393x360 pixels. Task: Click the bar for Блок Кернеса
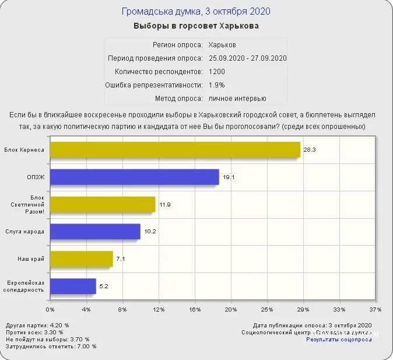point(175,149)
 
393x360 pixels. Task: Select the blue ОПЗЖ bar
point(134,177)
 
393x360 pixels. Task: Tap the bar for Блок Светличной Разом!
point(103,204)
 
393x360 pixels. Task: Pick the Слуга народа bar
point(95,231)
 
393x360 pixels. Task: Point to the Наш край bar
point(81,258)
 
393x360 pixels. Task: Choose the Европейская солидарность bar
point(73,286)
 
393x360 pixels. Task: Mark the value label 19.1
point(228,177)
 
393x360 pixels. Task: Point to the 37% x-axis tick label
point(375,309)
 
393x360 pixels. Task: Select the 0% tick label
point(50,309)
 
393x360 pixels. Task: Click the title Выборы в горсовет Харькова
point(196,26)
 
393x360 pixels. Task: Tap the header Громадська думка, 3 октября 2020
point(196,12)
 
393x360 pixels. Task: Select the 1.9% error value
point(216,85)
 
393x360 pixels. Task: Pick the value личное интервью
point(237,98)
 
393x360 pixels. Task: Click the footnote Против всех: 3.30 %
point(37,332)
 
